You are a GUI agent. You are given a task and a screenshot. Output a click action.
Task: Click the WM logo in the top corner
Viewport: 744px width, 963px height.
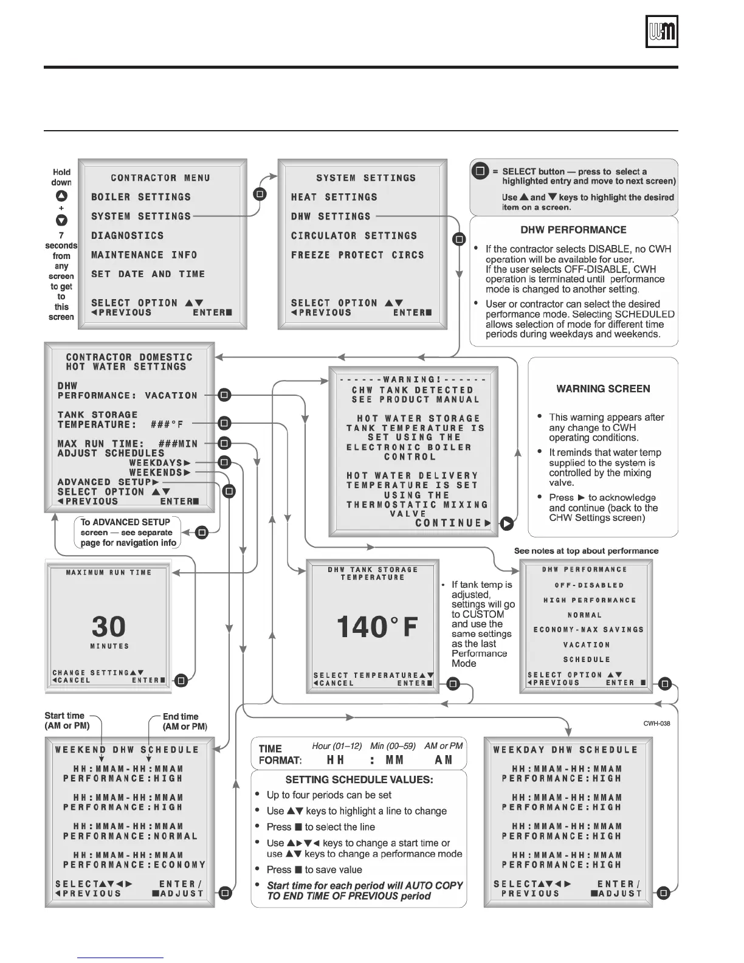click(661, 32)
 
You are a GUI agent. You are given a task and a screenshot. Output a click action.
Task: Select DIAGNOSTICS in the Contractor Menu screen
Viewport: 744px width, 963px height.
click(127, 236)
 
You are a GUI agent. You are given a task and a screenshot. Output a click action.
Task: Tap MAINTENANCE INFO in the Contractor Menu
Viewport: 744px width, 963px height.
click(144, 255)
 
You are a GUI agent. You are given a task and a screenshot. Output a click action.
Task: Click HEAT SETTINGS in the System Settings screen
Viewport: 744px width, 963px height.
click(334, 198)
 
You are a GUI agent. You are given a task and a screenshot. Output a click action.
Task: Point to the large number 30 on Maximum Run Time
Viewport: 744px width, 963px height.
click(109, 627)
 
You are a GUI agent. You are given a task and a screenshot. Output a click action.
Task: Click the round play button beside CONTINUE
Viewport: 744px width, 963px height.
click(506, 523)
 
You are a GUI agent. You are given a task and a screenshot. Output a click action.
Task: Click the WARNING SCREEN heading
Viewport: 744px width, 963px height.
click(603, 389)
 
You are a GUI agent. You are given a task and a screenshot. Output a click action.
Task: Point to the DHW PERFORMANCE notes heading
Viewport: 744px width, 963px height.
click(573, 230)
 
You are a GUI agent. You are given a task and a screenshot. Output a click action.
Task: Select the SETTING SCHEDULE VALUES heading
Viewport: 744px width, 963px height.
click(359, 780)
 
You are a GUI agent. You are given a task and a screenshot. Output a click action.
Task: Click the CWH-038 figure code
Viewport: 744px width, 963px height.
click(657, 723)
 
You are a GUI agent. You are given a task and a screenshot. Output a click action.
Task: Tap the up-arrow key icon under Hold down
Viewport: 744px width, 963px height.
click(61, 196)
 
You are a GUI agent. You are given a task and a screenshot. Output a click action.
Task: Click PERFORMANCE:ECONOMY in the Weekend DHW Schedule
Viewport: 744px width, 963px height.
click(134, 865)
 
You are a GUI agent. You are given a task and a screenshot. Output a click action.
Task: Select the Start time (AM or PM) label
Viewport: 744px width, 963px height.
click(67, 721)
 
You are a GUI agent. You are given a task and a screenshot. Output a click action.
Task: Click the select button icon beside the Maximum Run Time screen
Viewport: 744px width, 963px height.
click(181, 681)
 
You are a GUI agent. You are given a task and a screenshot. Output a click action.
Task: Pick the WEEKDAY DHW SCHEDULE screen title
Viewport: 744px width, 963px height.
click(565, 750)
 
